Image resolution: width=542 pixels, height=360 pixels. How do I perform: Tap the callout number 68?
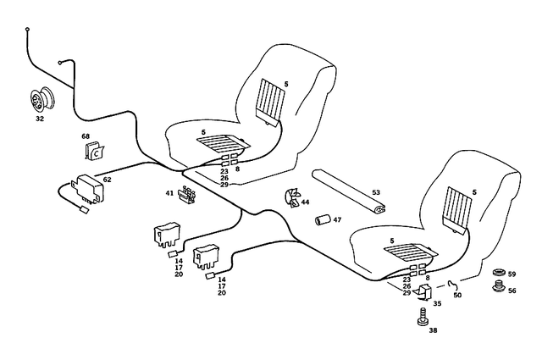point(86,137)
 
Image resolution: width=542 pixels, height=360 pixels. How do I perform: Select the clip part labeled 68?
point(95,152)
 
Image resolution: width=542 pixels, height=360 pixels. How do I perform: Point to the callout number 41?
point(169,193)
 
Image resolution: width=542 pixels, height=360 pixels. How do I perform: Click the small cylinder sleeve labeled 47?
point(322,221)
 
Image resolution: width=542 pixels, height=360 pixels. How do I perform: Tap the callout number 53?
point(377,193)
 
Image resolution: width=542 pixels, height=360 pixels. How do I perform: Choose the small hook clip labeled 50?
point(454,284)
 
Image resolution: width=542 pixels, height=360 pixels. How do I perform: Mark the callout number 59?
point(512,274)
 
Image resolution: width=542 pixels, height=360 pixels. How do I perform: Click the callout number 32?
point(40,119)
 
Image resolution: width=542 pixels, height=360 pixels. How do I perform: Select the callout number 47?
point(337,220)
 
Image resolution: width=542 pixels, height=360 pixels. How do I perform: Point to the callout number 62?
point(107,180)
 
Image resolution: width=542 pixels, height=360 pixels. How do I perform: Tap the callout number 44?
point(305,203)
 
